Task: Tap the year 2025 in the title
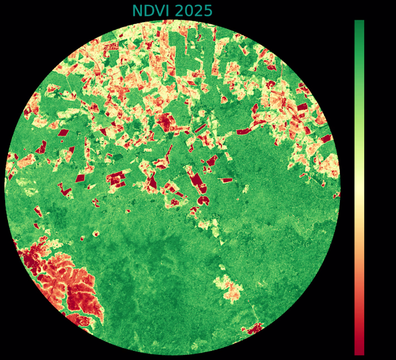(x=193, y=11)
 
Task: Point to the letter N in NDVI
(x=137, y=11)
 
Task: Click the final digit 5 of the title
(x=208, y=11)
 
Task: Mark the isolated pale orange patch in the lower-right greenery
(x=229, y=288)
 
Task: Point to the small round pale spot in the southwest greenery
(x=96, y=233)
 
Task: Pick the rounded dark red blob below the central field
(x=203, y=200)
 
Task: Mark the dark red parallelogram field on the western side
(x=63, y=132)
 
